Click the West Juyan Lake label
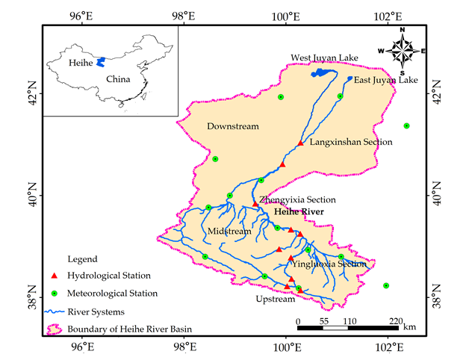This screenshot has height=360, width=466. pos(325,58)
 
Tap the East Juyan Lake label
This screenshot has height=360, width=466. pos(386,80)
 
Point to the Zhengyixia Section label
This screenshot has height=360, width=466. pos(297,199)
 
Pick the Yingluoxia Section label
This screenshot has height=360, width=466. pos(332,264)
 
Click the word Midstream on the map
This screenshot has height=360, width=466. pos(230,232)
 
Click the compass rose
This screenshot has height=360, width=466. pos(403,51)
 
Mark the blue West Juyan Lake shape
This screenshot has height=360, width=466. pos(323,72)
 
